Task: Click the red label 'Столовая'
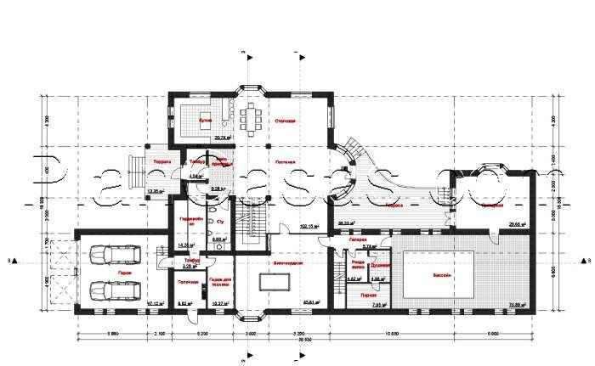tap(285, 121)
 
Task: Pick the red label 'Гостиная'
tap(285, 160)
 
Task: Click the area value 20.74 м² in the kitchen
tap(224, 137)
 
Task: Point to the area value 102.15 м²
tap(310, 227)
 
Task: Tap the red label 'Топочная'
tap(188, 282)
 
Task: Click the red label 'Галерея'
tap(359, 239)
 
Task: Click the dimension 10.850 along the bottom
tap(392, 332)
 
